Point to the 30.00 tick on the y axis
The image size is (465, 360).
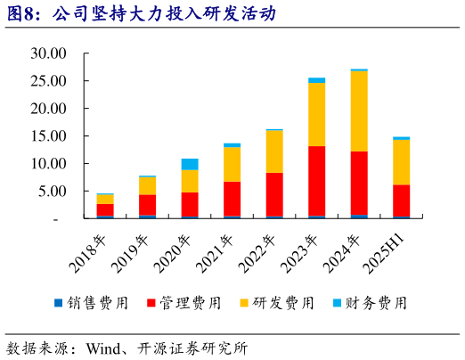point(48,53)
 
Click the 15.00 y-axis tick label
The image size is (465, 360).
point(48,136)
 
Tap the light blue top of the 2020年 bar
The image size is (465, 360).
point(190,164)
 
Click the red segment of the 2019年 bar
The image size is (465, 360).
point(147,205)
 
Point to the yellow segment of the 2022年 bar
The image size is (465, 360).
point(274,151)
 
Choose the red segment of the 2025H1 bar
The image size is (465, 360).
point(401,200)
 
